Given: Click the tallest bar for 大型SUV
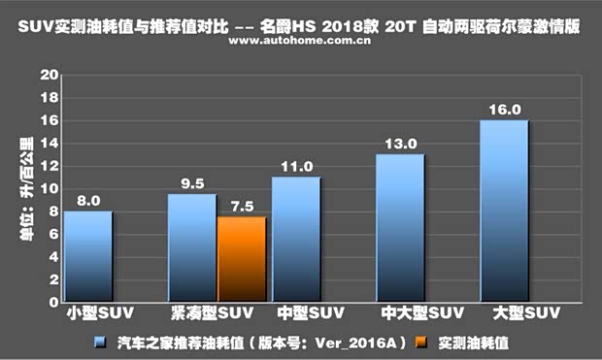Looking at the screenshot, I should coord(503,212).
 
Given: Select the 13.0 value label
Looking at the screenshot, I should coord(401,144).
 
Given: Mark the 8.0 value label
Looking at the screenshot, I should coord(88,200).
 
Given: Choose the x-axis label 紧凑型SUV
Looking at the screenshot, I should coord(208,314).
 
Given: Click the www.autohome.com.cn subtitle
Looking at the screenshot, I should coord(300,43).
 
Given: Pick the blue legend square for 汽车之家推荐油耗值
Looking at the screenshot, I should coord(100,342).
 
